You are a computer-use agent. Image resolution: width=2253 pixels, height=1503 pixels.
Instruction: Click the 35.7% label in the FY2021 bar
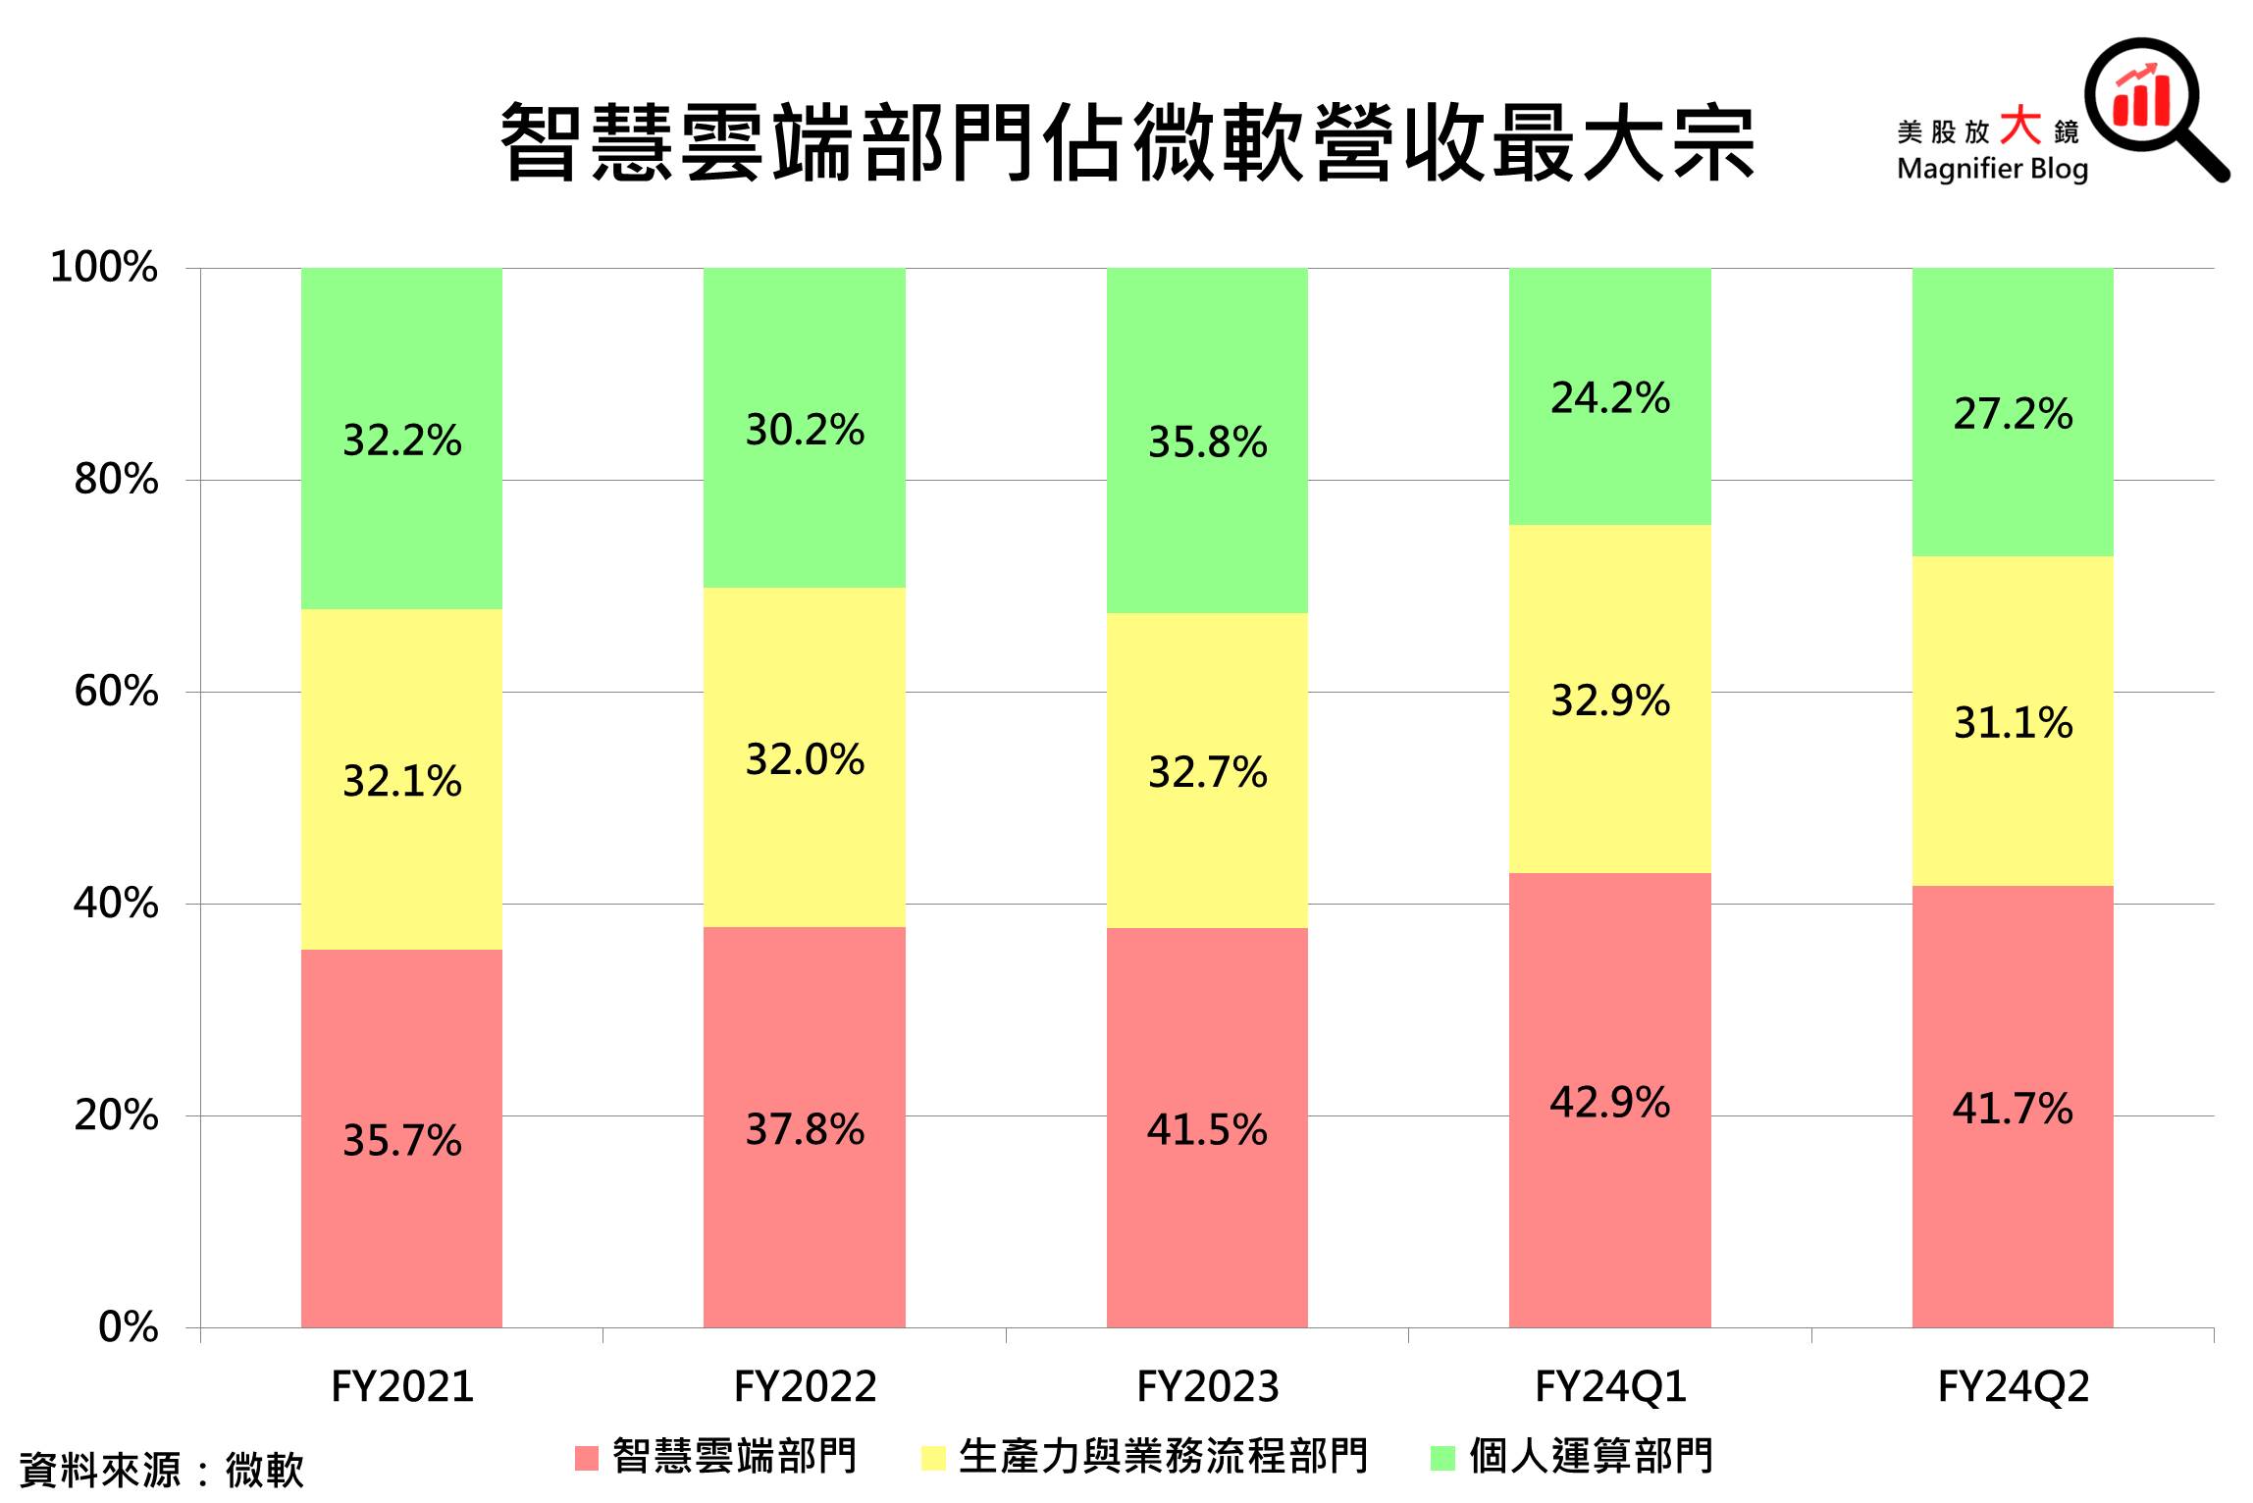pos(401,1141)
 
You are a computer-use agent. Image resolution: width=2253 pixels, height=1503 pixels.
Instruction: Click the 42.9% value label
pos(1609,1103)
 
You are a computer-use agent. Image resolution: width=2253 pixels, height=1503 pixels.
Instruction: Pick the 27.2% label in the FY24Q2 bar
pos(2013,414)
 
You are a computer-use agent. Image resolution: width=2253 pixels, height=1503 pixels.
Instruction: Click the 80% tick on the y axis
pos(116,480)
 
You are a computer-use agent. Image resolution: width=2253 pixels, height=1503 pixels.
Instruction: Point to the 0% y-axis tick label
pos(128,1327)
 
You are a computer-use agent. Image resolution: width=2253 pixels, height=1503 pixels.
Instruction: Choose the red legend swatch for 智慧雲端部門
pos(586,1458)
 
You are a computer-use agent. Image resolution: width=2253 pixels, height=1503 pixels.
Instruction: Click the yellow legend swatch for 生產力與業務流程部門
pos(933,1458)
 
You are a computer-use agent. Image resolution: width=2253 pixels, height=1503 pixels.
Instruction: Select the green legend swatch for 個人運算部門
pos(1442,1458)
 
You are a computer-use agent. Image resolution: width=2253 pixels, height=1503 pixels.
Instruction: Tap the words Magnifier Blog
pos(1992,169)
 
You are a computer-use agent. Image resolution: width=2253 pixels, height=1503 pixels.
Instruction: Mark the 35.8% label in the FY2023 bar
pos(1207,442)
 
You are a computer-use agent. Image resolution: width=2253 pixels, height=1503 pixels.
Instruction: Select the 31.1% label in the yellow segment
pos(2013,723)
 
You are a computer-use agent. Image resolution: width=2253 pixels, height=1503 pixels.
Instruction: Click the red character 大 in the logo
pos(2020,127)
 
